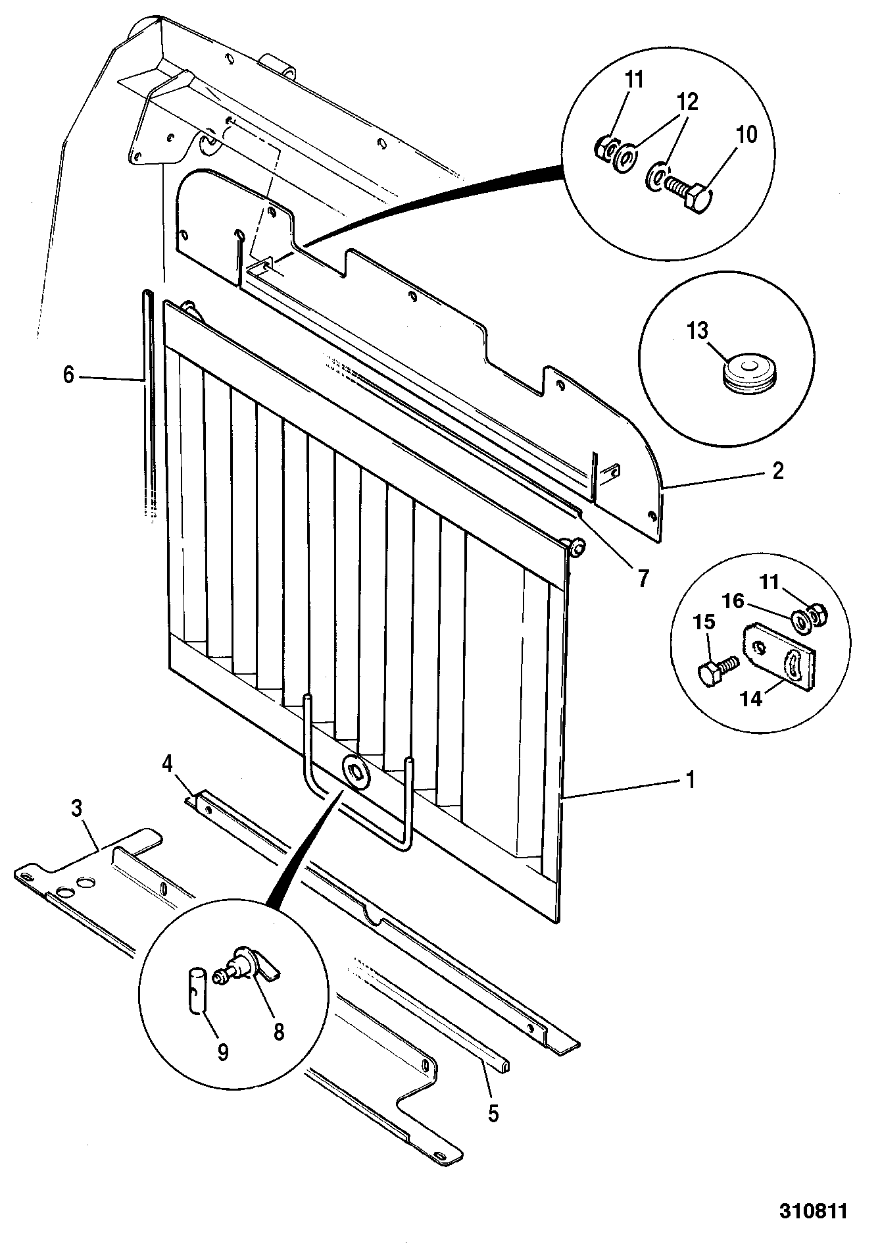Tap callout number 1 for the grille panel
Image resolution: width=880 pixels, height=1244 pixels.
coord(690,780)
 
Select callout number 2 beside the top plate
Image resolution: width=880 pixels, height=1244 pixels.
coord(777,471)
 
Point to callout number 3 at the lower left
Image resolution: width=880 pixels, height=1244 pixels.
coord(77,809)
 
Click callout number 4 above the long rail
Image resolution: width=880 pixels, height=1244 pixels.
coord(167,764)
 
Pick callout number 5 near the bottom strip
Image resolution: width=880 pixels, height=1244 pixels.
coord(493,1113)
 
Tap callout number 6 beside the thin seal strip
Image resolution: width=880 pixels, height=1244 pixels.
coord(68,376)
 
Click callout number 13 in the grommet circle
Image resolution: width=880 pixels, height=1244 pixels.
coord(698,330)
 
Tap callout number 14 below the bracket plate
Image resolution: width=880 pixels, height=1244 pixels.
coord(751,698)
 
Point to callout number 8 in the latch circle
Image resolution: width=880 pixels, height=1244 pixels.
coord(279,1031)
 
